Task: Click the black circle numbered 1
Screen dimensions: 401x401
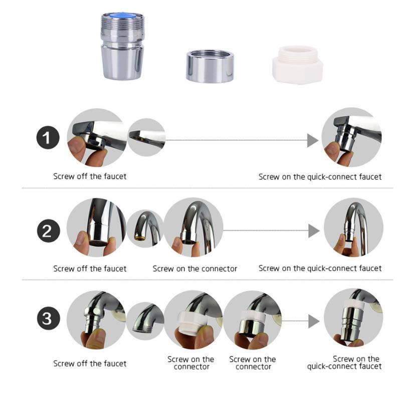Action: pos(48,138)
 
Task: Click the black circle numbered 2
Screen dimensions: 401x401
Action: pos(48,231)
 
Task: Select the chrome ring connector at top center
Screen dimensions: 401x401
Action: pos(210,65)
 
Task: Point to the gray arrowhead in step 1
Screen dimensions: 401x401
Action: pos(312,140)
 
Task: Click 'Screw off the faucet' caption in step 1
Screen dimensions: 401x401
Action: pos(90,176)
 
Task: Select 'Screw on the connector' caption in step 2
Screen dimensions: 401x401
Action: pos(195,269)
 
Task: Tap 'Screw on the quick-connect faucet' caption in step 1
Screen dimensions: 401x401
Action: pos(320,176)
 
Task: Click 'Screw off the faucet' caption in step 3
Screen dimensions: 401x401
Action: pos(90,363)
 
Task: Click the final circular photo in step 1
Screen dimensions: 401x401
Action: pos(351,138)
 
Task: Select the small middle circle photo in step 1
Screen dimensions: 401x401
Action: pos(146,137)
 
